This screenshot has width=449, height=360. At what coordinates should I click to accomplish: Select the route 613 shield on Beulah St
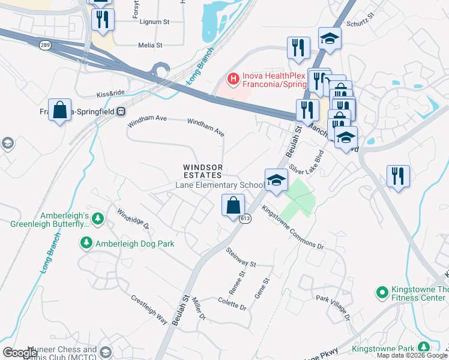(x=247, y=220)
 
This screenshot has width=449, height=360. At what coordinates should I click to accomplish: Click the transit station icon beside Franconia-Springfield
(x=121, y=111)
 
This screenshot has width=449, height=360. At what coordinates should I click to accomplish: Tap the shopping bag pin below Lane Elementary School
(x=233, y=206)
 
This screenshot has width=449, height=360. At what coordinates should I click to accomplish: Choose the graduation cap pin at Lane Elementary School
(x=276, y=180)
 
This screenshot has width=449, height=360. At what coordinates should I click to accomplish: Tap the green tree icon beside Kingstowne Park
(x=424, y=347)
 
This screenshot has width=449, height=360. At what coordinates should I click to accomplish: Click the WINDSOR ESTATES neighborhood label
(x=203, y=171)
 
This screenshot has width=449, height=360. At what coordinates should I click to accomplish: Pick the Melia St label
(x=150, y=45)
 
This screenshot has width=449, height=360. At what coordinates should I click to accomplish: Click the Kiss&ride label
(x=110, y=95)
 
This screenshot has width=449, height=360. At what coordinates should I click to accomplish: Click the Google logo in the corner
(x=20, y=353)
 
